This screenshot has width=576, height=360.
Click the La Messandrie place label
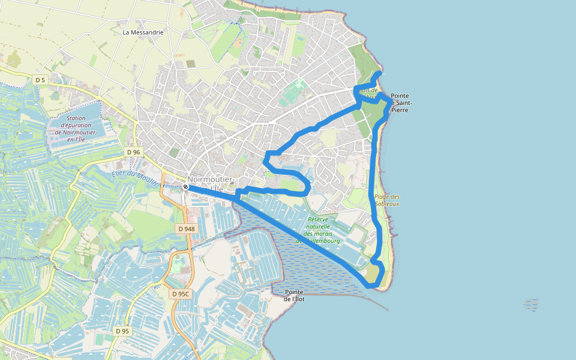[x=143, y=32]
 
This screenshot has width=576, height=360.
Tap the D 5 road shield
[x=40, y=79]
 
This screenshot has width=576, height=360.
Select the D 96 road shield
[x=134, y=152]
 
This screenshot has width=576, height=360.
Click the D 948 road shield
[x=187, y=229]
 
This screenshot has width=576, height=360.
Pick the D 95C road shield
[x=180, y=294]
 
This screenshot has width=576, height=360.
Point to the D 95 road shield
[x=122, y=331]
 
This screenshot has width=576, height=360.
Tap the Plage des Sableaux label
[x=387, y=200]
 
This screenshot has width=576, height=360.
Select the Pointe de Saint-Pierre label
[x=400, y=103]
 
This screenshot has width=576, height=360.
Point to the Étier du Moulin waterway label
[x=134, y=178]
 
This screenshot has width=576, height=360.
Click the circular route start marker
[x=186, y=187]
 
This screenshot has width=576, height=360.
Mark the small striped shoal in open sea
[x=531, y=304]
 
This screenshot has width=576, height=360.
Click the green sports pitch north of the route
[x=292, y=92]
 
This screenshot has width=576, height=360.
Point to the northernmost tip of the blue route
[x=380, y=73]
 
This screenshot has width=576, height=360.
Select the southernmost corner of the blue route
[x=370, y=286]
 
